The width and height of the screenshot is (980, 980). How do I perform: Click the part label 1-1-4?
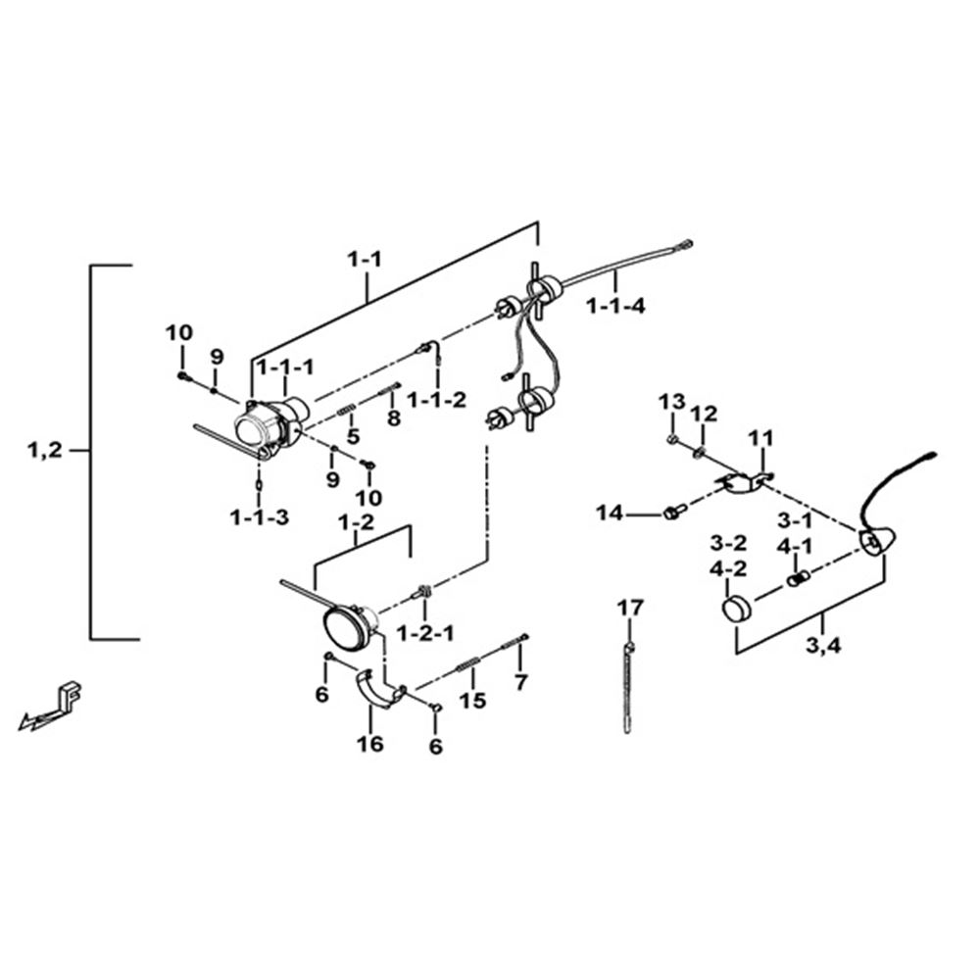pos(615,306)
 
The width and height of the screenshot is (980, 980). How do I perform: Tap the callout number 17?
pos(630,607)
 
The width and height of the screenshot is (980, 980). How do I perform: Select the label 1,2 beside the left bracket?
pos(45,450)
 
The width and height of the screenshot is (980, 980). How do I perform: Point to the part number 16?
pos(370,744)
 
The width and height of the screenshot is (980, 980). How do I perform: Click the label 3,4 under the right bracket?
pos(823,645)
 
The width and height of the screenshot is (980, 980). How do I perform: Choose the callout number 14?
pos(610,514)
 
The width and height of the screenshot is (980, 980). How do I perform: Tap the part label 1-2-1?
pos(425,634)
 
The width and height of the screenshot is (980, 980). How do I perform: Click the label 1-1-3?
pos(260,517)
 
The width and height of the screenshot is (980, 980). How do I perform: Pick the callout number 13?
pos(672,401)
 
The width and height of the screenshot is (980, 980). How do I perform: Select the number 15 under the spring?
pos(472,701)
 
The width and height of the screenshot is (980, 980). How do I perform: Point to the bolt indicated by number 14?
pos(673,513)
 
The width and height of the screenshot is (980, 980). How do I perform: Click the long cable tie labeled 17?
pos(627,688)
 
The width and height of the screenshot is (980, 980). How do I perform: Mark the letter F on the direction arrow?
pos(73,696)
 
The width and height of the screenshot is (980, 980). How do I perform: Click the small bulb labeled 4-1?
pos(798,579)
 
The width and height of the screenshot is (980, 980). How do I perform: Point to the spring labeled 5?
pos(346,410)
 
